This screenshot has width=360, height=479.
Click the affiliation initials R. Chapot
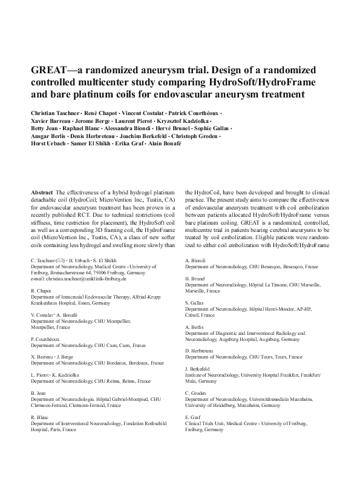click(x=41, y=291)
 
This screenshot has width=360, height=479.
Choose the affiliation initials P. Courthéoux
click(x=46, y=339)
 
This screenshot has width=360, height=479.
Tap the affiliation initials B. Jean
click(x=38, y=393)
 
